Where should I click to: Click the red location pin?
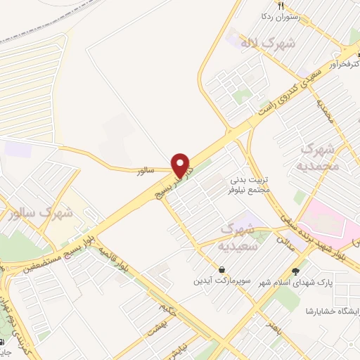pyautogui.click(x=182, y=165)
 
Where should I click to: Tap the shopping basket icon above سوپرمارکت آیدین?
pyautogui.click(x=222, y=269)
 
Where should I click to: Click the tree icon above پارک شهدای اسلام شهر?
pyautogui.click(x=295, y=271)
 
